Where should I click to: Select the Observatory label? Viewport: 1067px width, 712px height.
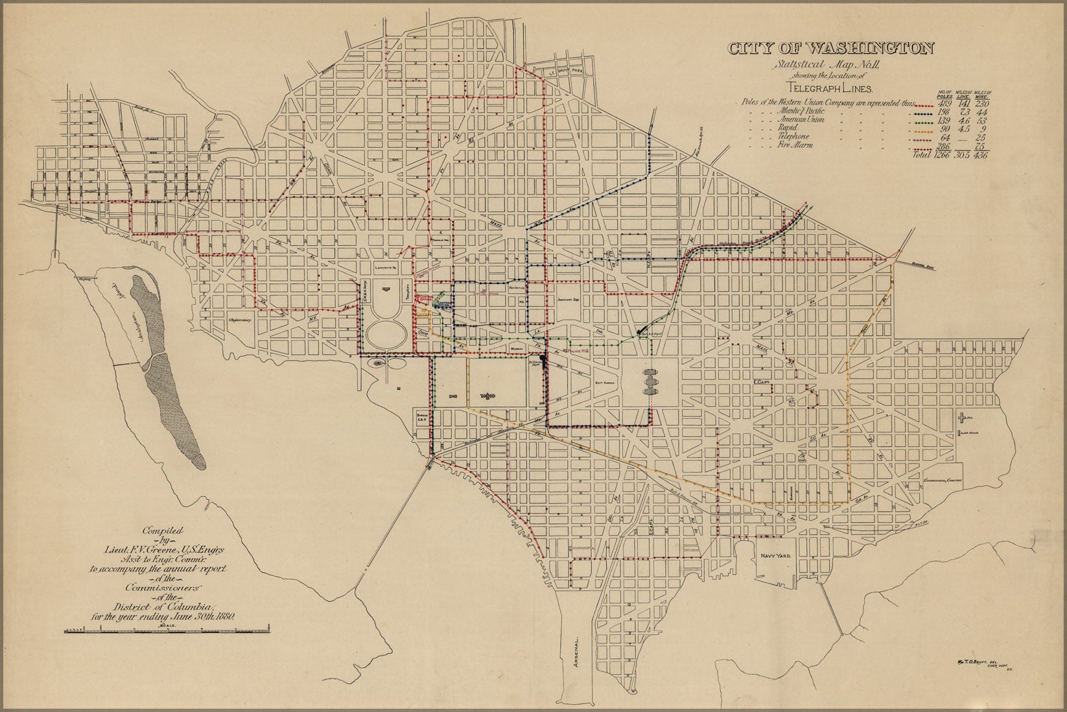pyautogui.click(x=238, y=320)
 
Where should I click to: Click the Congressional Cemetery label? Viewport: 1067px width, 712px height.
pyautogui.click(x=941, y=481)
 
